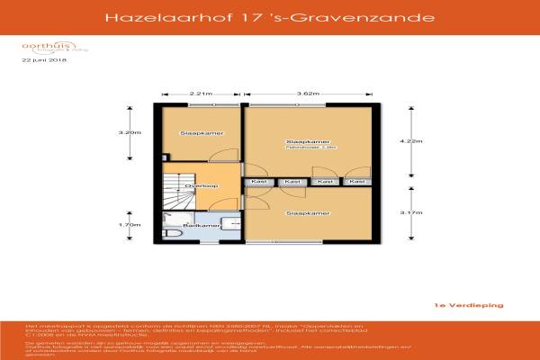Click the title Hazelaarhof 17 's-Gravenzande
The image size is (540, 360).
click(x=269, y=16)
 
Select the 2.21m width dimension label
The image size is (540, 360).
click(x=201, y=94)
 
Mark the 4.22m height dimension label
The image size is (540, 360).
click(x=410, y=141)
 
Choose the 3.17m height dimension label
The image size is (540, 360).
click(x=410, y=211)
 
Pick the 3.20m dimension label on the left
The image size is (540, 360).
click(x=130, y=133)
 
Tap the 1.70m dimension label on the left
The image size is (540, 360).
click(x=130, y=225)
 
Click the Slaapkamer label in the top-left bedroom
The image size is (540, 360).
click(x=202, y=133)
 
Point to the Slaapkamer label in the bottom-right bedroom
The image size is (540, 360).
click(x=306, y=214)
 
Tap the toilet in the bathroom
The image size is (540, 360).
click(x=171, y=234)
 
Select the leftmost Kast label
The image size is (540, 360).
click(x=259, y=183)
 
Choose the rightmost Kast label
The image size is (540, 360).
click(x=357, y=183)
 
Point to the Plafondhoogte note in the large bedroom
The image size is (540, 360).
click(x=306, y=148)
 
